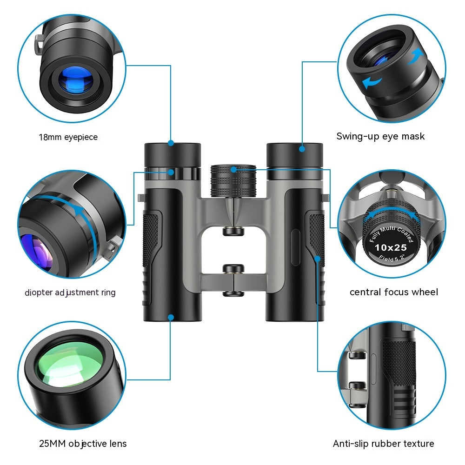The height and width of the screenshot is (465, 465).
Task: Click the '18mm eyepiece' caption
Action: click(68, 137)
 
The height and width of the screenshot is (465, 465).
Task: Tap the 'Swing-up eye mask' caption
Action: click(380, 136)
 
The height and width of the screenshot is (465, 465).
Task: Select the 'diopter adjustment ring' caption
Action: click(70, 292)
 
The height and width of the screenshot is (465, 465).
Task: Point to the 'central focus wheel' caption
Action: click(394, 292)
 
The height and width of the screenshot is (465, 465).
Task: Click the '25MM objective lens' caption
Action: click(83, 444)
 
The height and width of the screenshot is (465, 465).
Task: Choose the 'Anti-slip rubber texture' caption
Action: click(384, 444)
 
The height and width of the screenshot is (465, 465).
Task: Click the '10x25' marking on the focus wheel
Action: click(391, 247)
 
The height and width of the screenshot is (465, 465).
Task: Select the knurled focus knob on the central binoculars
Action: click(233, 180)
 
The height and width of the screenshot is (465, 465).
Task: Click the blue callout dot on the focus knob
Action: click(234, 169)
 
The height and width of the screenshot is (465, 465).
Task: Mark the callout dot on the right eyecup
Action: click(302, 149)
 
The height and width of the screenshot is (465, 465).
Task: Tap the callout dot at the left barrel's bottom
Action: click(171, 318)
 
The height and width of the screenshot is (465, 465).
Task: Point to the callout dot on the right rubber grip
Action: click(317, 259)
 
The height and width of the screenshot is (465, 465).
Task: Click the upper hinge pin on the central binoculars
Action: click(233, 231)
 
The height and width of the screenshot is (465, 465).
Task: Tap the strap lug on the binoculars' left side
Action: click(141, 198)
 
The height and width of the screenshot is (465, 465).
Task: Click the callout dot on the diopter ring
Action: click(171, 172)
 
